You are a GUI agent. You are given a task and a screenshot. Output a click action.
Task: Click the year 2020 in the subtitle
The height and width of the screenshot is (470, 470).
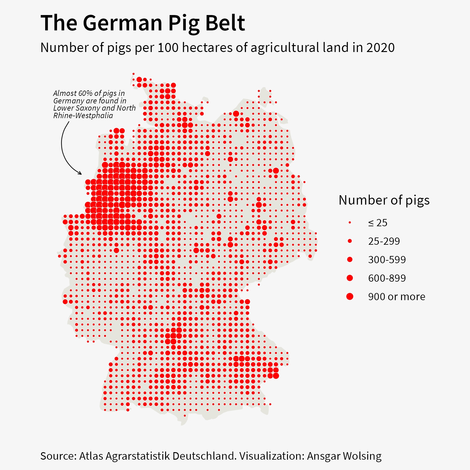tap(380, 48)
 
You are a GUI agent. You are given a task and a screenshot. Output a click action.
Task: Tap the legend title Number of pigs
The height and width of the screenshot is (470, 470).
tap(384, 200)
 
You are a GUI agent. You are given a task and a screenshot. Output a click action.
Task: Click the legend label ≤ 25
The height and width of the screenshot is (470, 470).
tap(378, 223)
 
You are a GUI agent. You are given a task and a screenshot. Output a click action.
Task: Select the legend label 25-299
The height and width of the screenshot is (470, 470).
tap(384, 241)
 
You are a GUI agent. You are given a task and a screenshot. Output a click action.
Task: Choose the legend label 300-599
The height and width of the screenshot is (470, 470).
tap(387, 260)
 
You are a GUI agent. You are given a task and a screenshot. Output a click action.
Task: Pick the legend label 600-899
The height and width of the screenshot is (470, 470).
tap(387, 278)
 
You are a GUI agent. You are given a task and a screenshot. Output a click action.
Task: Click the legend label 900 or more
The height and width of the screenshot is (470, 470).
tap(397, 297)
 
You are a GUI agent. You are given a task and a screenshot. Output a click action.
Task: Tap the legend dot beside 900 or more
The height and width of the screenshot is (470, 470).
tap(350, 296)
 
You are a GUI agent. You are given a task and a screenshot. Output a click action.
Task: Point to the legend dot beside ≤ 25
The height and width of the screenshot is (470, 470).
tap(350, 222)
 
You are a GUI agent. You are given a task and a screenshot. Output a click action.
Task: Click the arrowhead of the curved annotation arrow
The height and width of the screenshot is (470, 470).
tap(81, 173)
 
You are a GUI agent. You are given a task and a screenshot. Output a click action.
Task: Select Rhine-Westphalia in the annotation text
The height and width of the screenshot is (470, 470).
tap(83, 116)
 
